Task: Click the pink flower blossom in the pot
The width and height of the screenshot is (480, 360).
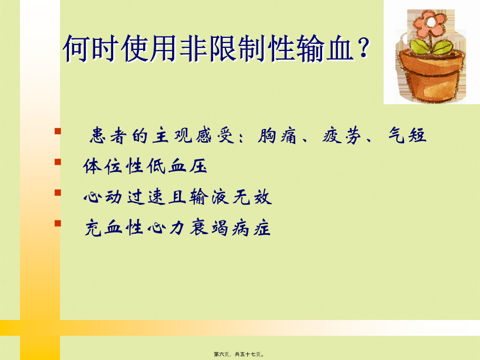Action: coord(428,23)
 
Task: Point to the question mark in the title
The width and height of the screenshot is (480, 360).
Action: coord(364,48)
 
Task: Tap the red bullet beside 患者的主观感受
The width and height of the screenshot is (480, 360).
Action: coord(57,131)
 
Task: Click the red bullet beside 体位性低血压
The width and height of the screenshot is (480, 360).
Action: coord(57,162)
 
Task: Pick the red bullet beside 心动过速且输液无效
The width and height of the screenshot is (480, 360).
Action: coord(57,192)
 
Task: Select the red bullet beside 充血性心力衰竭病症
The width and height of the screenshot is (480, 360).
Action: coord(57,223)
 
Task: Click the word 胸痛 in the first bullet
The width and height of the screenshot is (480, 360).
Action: coord(277,136)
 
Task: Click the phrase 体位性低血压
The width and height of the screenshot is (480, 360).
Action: coord(145,166)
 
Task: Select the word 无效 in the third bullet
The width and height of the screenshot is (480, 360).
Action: coord(252,196)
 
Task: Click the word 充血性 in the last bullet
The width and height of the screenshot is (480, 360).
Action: coord(114,228)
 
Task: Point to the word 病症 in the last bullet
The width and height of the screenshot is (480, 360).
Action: coord(252,228)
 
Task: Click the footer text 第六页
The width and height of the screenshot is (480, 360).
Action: coord(222,354)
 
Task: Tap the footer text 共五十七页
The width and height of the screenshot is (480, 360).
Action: coord(248,354)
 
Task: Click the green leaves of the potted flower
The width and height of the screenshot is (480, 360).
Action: coord(432,47)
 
